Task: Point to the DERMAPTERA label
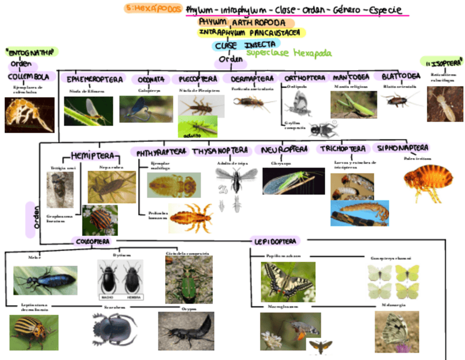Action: [x=248, y=79]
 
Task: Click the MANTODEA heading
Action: [x=350, y=77]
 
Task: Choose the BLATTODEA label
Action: [x=401, y=77]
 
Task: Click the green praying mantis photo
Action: [x=353, y=104]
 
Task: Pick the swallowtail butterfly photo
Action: [x=287, y=282]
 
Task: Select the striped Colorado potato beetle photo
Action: [x=33, y=333]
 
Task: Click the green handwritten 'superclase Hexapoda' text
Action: [x=288, y=53]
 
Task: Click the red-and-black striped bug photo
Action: [x=100, y=220]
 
